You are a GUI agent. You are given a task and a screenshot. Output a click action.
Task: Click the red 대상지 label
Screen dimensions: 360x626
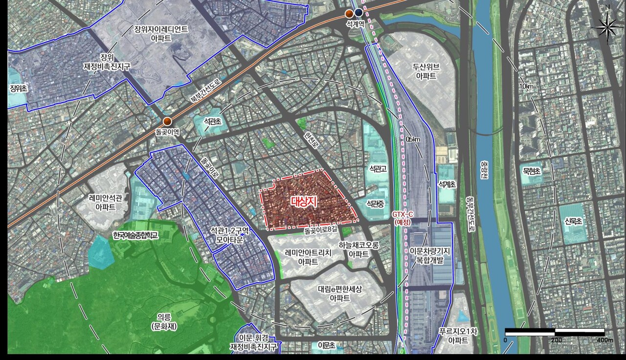(304, 202)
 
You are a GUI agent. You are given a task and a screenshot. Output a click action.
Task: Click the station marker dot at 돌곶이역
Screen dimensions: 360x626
(167, 122)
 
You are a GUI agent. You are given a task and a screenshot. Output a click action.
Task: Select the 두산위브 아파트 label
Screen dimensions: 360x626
(426, 71)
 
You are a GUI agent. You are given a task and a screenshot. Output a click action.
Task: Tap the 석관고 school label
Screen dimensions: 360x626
(378, 169)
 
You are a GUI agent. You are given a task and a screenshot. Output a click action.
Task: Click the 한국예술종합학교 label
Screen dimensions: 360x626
(135, 235)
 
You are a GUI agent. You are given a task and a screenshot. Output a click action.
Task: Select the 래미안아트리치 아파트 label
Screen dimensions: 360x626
(308, 257)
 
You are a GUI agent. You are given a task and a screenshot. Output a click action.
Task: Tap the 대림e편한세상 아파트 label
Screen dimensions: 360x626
(339, 293)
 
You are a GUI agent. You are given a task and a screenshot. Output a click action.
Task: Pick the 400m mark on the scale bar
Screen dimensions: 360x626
(604, 339)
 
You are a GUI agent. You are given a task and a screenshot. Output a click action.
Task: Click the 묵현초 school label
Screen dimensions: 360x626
(531, 171)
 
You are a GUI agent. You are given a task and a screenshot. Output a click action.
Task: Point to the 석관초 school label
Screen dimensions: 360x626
(213, 121)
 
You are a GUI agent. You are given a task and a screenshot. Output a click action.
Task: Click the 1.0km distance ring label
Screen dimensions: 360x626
(527, 87)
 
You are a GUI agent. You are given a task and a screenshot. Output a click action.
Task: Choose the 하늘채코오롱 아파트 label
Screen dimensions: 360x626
(359, 249)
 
